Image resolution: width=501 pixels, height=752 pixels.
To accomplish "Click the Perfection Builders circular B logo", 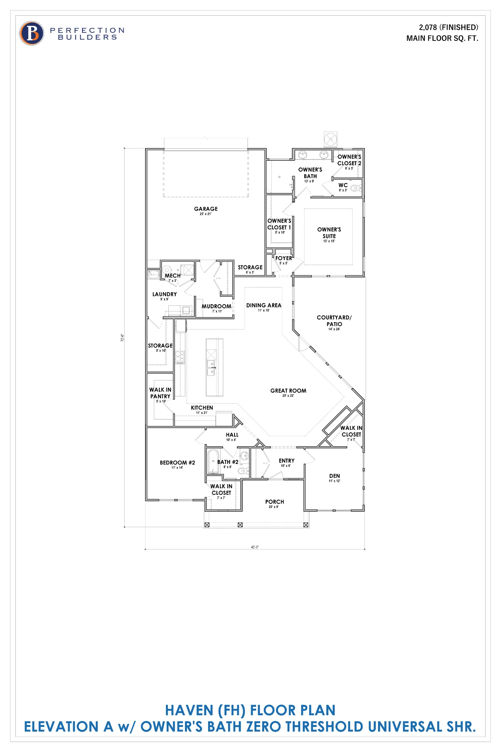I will [x=32, y=33].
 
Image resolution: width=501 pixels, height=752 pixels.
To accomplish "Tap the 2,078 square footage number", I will [x=428, y=27].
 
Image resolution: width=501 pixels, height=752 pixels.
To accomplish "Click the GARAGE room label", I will [x=206, y=209].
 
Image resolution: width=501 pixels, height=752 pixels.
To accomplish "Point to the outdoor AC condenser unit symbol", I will [x=330, y=139].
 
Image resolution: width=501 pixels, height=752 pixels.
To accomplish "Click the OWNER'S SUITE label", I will [x=329, y=233].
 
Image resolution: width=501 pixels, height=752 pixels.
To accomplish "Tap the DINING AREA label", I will [x=264, y=305].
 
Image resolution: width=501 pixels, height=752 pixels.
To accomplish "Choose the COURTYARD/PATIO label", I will [x=334, y=321].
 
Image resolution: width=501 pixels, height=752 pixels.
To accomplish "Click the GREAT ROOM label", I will [x=288, y=391].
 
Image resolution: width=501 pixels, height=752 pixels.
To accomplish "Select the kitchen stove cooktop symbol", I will [x=180, y=357].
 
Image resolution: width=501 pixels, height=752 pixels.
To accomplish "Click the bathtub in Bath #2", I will [x=213, y=461].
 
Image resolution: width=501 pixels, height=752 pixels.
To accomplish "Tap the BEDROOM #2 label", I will [x=177, y=463].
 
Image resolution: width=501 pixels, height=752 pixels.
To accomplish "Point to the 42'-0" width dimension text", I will [x=255, y=547].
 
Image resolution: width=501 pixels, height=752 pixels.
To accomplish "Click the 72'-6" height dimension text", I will [x=122, y=338].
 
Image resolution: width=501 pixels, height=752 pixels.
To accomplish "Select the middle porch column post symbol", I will [x=240, y=525].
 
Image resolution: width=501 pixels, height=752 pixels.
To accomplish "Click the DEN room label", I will [x=334, y=476].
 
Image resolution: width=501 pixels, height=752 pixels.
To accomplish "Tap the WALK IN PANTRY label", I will [x=160, y=393].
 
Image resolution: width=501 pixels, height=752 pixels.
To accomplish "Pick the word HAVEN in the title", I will [x=189, y=711].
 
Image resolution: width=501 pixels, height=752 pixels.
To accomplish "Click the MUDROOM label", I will [x=216, y=306].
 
